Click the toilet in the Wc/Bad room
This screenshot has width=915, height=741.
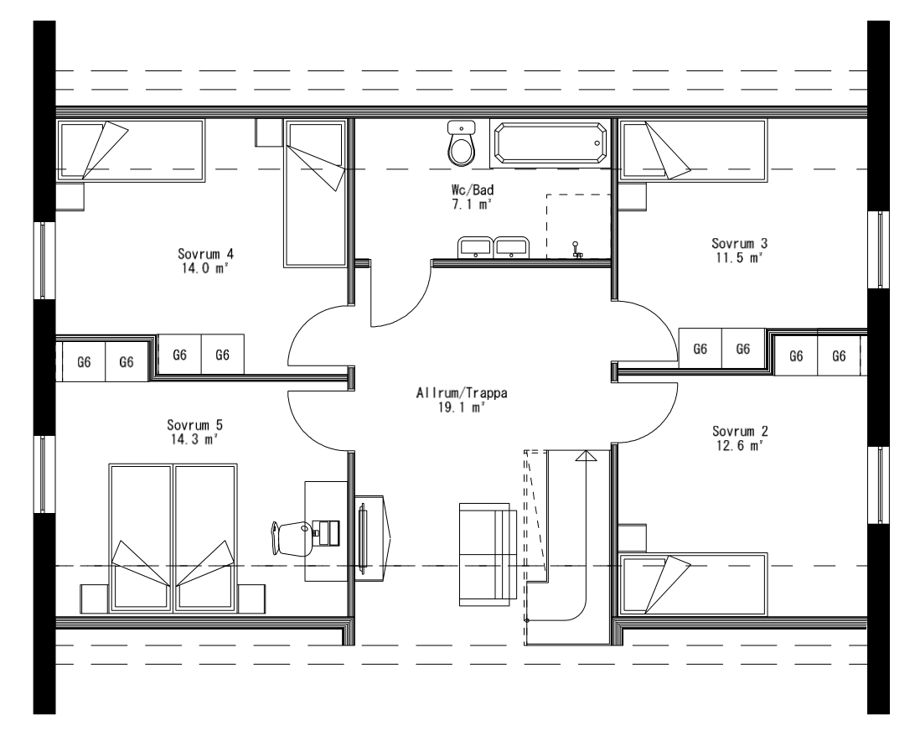coord(461,144)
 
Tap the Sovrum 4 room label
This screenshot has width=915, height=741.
coord(205,253)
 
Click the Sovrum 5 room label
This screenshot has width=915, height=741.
coord(194,425)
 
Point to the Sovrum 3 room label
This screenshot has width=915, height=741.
coord(740,243)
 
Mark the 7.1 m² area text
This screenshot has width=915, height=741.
coord(468,204)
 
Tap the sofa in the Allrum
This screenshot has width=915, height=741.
coord(487,553)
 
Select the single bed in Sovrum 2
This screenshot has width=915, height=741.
coord(693,584)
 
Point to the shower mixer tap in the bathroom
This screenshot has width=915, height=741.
coord(576,250)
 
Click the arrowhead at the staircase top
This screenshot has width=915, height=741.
coord(586,456)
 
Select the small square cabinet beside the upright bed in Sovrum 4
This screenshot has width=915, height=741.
coord(268,131)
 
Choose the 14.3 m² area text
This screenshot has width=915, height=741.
coord(194,438)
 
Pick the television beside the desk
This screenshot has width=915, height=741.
coord(363,536)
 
